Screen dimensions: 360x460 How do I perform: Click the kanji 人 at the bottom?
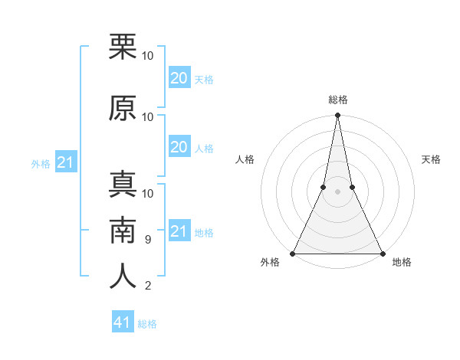(x=123, y=277)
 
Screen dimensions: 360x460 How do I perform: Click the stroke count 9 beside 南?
(x=147, y=240)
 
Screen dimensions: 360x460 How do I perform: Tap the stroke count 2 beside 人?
(x=147, y=286)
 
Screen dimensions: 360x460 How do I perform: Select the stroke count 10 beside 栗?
(x=148, y=56)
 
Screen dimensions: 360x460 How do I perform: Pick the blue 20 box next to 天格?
(x=179, y=77)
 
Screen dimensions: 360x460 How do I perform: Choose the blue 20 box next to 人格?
(x=179, y=147)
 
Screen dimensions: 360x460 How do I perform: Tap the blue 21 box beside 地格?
(x=179, y=231)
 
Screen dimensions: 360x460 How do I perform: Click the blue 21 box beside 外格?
(x=66, y=162)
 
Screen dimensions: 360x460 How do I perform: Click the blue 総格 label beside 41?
(x=147, y=324)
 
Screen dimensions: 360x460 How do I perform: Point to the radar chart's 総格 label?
(x=337, y=100)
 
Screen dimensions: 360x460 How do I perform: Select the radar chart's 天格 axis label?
(x=432, y=159)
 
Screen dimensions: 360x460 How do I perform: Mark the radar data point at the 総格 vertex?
(x=337, y=116)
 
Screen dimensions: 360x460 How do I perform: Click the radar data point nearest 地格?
(x=382, y=253)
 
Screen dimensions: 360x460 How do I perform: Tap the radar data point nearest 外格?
(x=293, y=253)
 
